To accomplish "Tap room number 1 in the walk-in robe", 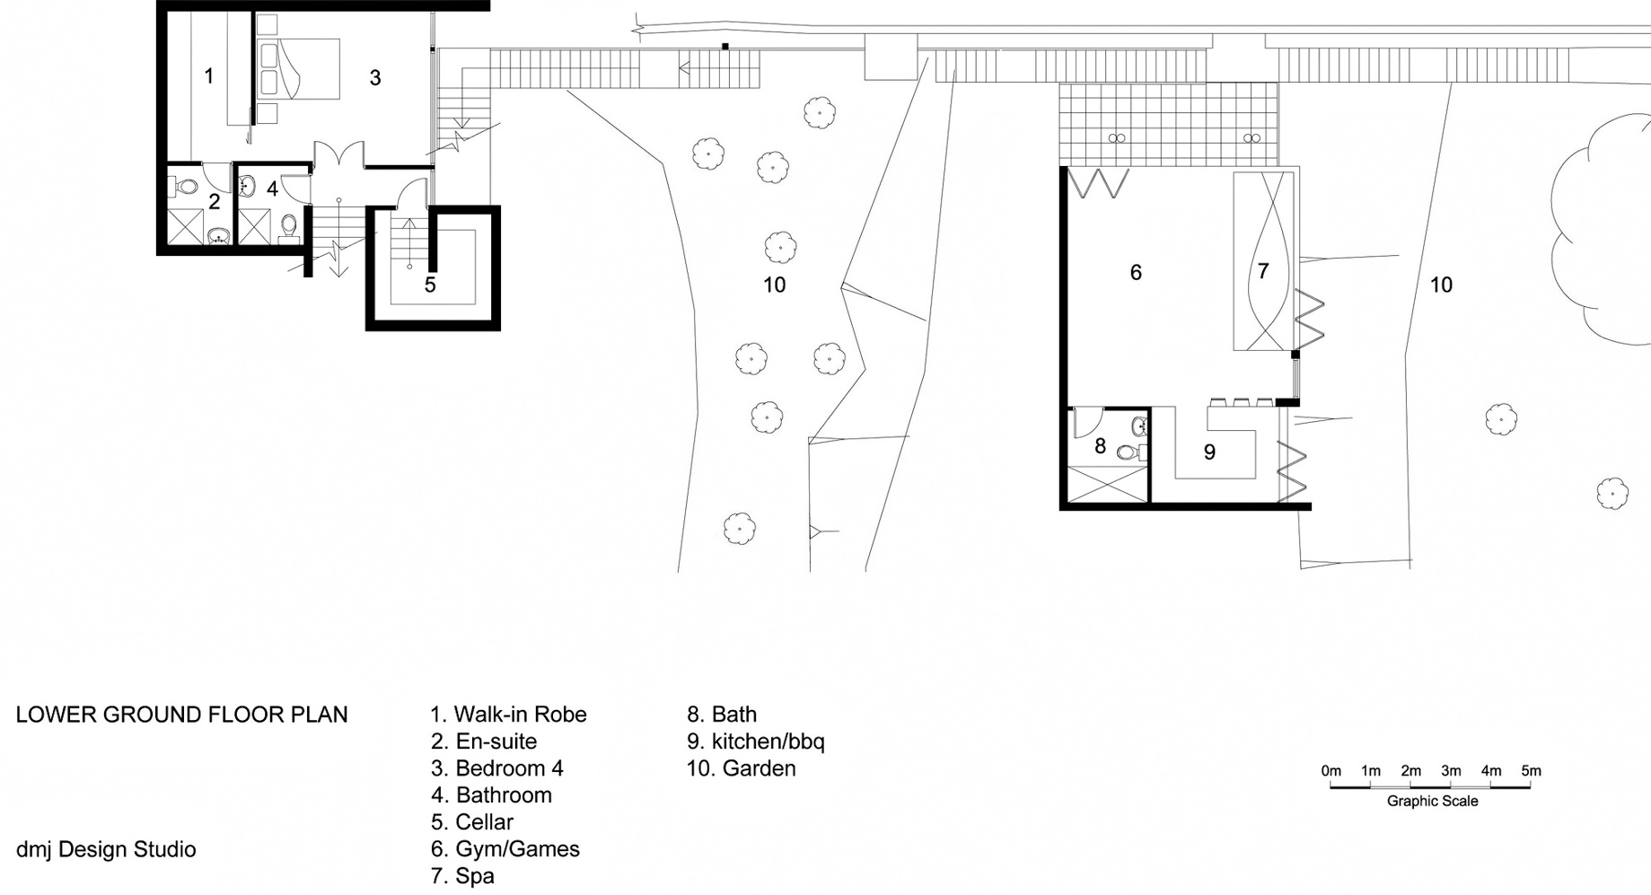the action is tap(209, 76).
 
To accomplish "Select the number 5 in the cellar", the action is tap(430, 285).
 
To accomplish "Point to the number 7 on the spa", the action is tap(1263, 270).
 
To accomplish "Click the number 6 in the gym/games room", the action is tap(1136, 272).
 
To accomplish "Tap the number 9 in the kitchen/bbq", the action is tap(1209, 452).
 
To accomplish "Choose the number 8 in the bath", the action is tap(1100, 445).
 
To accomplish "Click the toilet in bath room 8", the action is tap(1132, 452).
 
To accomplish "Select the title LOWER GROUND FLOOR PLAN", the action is tap(181, 715).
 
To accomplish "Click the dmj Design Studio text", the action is tap(106, 849).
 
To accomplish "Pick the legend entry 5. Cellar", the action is tap(472, 822).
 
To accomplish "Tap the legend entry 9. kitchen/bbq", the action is tap(756, 741).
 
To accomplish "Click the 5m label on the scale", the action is tap(1531, 771).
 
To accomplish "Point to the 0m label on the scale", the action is tap(1330, 771).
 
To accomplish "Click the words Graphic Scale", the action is tap(1432, 801).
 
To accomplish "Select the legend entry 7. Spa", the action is tap(462, 876).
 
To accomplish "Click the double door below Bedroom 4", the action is tap(338, 154).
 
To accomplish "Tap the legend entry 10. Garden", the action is tap(742, 768).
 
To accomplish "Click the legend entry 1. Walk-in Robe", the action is tap(508, 715).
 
